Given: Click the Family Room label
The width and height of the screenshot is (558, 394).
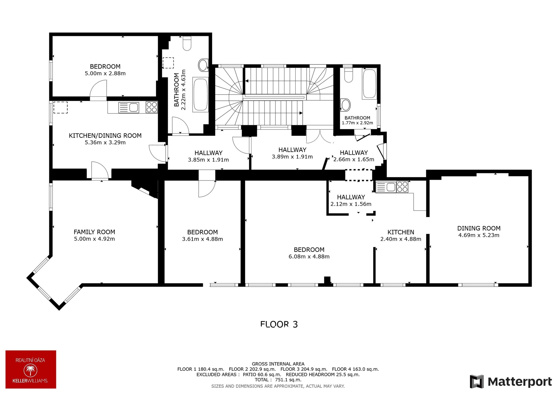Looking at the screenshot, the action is (x=94, y=232).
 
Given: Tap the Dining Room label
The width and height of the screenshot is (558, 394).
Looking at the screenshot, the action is (x=479, y=228).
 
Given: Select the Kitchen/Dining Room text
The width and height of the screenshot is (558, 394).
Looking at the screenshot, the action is (x=105, y=135).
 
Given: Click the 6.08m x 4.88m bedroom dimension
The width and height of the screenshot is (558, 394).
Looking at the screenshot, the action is (x=309, y=256).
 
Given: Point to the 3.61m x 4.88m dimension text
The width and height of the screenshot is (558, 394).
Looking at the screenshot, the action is (x=203, y=239).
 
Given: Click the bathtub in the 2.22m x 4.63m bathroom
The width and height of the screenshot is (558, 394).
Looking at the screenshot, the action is (x=201, y=94).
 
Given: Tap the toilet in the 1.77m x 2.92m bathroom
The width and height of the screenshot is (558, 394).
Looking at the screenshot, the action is (x=348, y=74).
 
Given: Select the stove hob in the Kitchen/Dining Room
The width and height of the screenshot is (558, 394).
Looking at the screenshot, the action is (x=151, y=107).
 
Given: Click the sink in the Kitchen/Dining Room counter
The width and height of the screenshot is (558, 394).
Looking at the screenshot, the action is (x=133, y=107).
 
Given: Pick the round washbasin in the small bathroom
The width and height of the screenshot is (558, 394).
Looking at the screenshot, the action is (x=346, y=105).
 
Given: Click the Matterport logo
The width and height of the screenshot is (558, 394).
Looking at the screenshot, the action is (x=511, y=382).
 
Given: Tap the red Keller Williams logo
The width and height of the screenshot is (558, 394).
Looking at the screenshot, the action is (x=31, y=369).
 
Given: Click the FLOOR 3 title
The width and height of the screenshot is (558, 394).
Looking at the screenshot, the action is (x=279, y=324).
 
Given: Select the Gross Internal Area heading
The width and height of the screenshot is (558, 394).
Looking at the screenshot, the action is (x=278, y=364).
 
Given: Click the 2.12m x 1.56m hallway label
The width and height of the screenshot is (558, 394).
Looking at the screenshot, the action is (x=351, y=200).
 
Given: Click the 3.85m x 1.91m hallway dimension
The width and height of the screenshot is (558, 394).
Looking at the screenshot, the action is (x=208, y=160).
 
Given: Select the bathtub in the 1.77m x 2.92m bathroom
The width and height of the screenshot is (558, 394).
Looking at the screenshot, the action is (x=369, y=84).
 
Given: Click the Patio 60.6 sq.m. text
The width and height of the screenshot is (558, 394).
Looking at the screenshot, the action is (x=262, y=375).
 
